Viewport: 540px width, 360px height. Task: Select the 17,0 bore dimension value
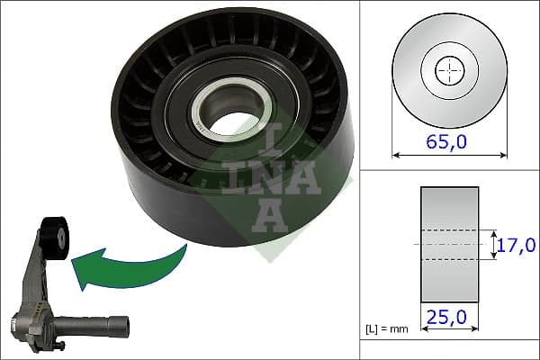(517, 244)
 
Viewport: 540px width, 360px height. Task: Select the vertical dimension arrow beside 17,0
(495, 244)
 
